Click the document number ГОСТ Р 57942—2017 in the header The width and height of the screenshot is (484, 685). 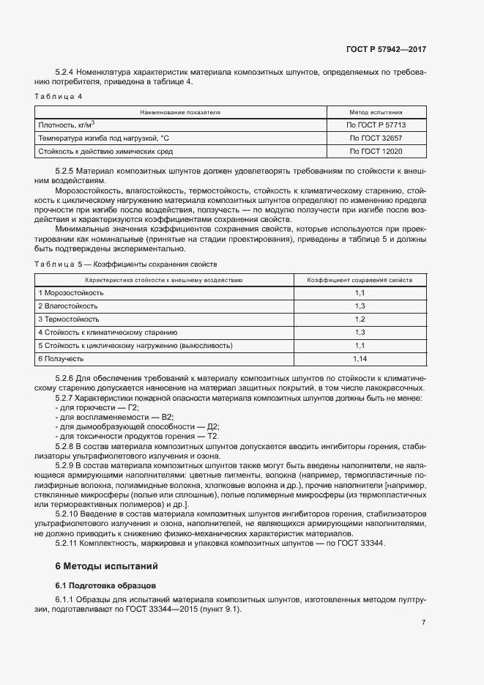coord(386,50)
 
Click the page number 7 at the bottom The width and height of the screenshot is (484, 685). coord(423,623)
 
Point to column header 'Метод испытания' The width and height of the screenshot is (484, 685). coord(375,112)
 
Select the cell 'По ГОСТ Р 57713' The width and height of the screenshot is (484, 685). coord(376,125)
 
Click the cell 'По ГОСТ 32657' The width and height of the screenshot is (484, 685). coord(376,138)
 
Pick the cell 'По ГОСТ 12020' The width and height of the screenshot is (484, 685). coord(376,151)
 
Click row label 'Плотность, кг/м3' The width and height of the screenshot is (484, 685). coord(67,125)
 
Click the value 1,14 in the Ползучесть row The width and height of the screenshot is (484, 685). coord(360,358)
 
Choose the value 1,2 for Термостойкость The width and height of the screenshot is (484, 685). coord(360,319)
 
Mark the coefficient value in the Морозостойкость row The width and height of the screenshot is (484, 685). coord(360,293)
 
